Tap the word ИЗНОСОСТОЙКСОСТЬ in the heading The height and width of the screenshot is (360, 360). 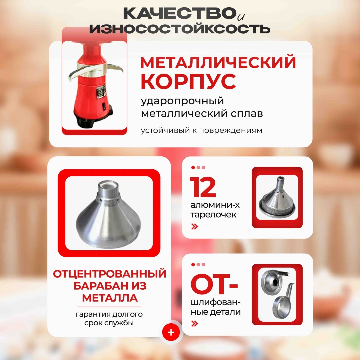coord(180,29)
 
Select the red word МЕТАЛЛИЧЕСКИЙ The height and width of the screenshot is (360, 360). coord(218,62)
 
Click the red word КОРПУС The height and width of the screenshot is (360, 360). coord(188,82)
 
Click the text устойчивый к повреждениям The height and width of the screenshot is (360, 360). coord(201,130)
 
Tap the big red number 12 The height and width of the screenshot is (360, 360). coord(203,187)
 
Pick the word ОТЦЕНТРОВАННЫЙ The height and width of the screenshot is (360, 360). coord(110,274)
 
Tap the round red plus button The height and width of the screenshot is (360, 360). coord(171,332)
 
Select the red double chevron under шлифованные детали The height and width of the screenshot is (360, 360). coord(194,324)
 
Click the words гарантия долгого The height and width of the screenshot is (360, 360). coord(109,314)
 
